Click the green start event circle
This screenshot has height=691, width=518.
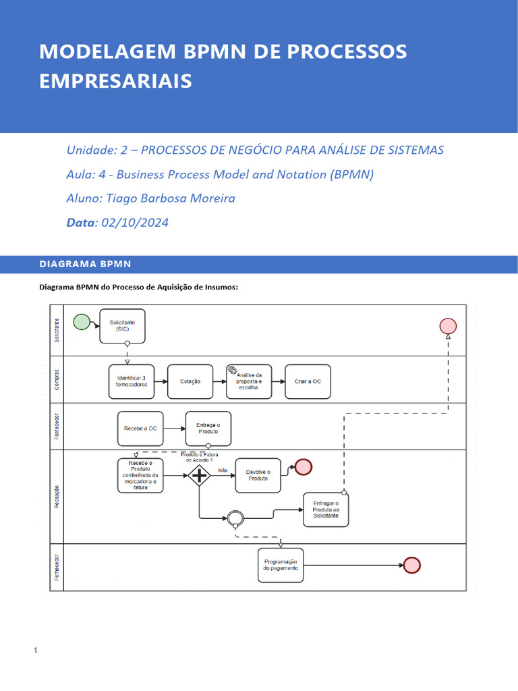click(x=82, y=322)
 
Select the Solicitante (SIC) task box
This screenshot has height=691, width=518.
click(x=122, y=326)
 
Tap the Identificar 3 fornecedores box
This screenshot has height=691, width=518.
click(x=132, y=381)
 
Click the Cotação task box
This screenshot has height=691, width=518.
click(x=190, y=381)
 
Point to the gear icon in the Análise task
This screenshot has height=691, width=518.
click(x=233, y=370)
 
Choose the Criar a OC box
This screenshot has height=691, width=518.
click(x=308, y=381)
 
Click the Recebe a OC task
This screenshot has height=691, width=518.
click(x=140, y=429)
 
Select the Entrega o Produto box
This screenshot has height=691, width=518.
click(x=208, y=429)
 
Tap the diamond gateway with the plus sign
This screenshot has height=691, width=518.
click(x=200, y=476)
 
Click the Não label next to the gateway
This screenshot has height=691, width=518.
click(x=223, y=470)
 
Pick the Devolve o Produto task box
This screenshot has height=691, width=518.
click(x=258, y=476)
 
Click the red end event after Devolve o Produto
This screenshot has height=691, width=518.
click(x=304, y=467)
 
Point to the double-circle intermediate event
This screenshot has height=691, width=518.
click(x=235, y=518)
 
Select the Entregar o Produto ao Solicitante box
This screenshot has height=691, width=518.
click(x=326, y=509)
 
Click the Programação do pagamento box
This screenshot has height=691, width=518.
click(x=280, y=565)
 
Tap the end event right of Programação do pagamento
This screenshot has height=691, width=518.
click(x=411, y=565)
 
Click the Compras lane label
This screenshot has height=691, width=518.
click(x=57, y=379)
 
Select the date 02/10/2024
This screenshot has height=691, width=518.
click(x=134, y=223)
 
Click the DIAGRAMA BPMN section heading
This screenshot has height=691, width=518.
click(x=85, y=264)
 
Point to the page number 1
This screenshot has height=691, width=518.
click(x=34, y=651)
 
